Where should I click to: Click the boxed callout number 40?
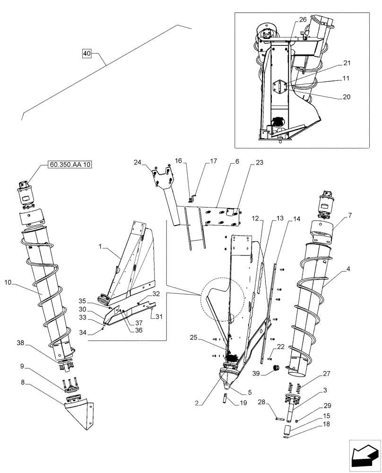pyautogui.click(x=87, y=53)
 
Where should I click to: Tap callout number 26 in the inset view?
pyautogui.click(x=303, y=19)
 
